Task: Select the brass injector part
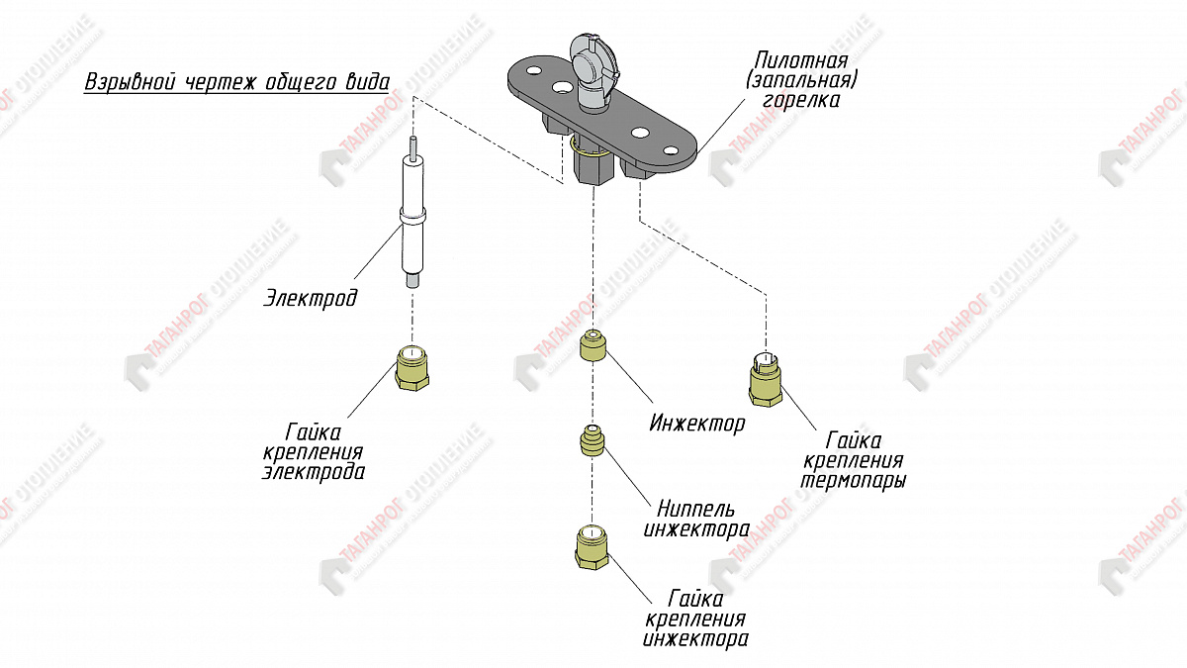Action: coord(593,345)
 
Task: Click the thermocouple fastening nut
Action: coord(764,380)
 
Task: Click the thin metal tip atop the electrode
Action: coord(413,146)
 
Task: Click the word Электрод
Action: coord(310,297)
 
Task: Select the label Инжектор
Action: coord(696,425)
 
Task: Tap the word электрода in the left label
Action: coord(313,472)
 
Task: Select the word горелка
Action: coord(801,100)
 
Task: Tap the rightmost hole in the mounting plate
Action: coord(672,150)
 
